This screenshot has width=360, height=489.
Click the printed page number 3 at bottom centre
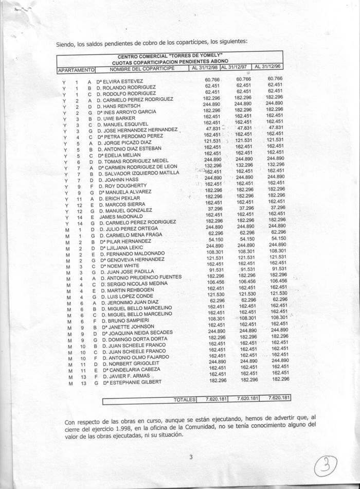click(x=191, y=457)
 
